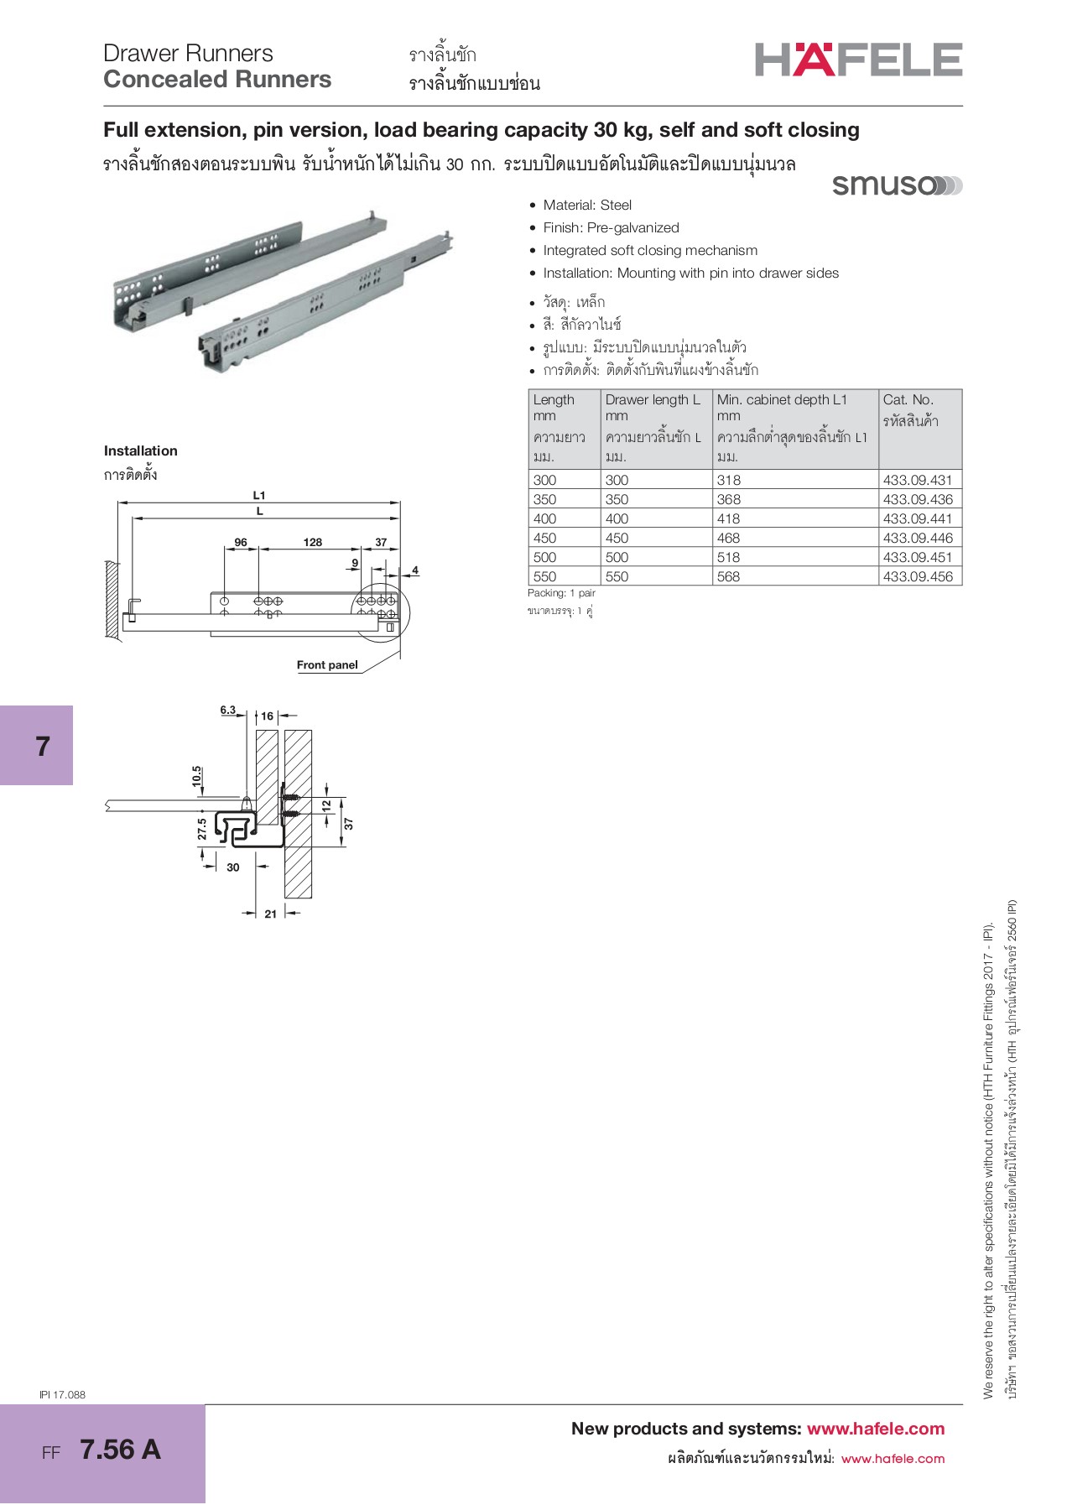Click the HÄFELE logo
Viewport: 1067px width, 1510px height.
(858, 60)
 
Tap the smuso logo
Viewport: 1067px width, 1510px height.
(896, 185)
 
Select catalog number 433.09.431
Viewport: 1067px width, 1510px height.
(918, 480)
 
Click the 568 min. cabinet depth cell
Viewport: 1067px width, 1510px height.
(728, 576)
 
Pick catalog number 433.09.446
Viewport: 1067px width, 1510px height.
(918, 538)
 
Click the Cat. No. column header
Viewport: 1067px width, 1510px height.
(908, 400)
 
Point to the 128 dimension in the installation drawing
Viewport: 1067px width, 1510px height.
(313, 542)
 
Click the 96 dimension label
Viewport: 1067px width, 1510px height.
(241, 542)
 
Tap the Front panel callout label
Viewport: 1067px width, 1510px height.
(327, 664)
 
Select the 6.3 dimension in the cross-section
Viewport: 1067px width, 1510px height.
(228, 710)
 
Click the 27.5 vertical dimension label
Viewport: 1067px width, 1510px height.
(202, 829)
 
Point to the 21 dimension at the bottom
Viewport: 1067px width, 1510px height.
(270, 914)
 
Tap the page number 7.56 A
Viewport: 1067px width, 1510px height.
(120, 1449)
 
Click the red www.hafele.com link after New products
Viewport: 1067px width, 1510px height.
(875, 1429)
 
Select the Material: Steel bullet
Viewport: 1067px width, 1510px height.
(586, 205)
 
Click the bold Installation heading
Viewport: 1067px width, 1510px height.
(140, 450)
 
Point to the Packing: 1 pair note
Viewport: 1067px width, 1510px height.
(561, 593)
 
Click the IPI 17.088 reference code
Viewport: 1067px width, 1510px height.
(62, 1394)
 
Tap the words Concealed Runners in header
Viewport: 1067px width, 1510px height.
(217, 80)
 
